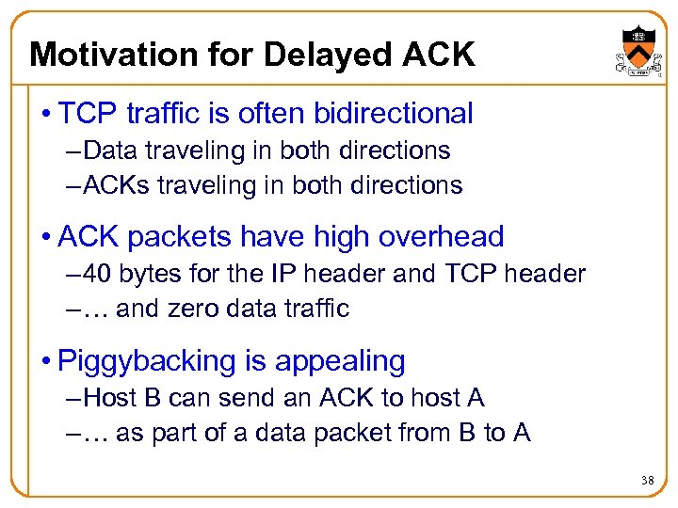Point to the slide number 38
tap(647, 481)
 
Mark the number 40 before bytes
tap(97, 274)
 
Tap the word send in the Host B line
tap(248, 398)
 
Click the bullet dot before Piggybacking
tap(46, 361)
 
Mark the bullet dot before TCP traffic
tap(46, 115)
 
